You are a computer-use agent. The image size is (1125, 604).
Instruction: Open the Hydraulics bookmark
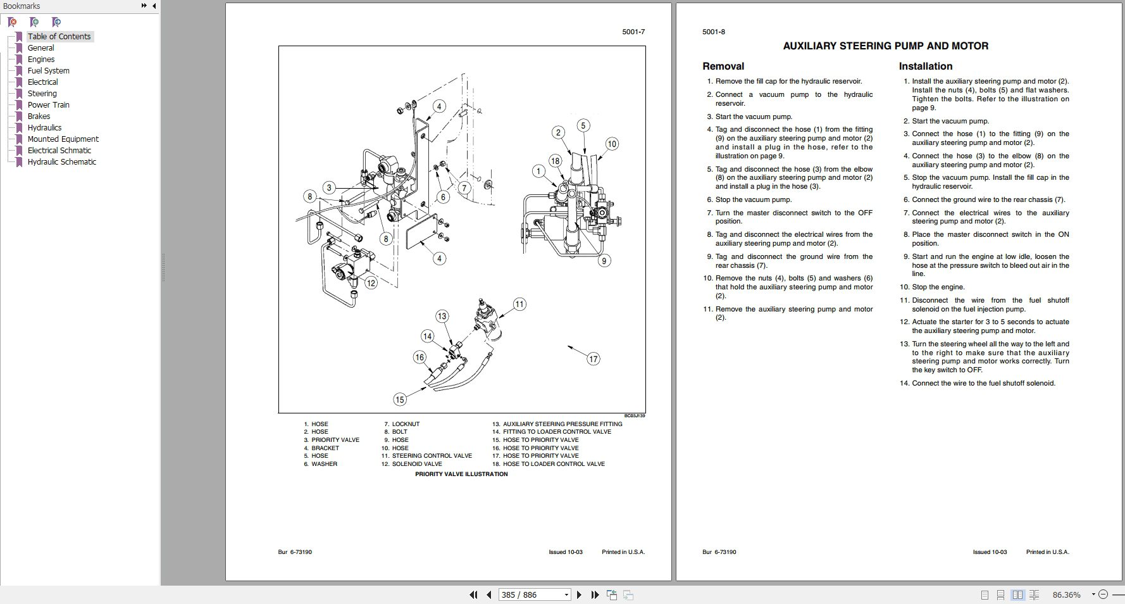tap(44, 127)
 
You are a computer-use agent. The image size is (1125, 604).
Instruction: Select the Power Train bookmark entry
tap(48, 104)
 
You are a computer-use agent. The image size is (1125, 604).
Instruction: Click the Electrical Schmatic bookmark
tap(59, 150)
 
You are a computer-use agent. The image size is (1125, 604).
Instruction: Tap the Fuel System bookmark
tap(48, 70)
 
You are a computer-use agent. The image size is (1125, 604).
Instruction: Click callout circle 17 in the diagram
tap(593, 359)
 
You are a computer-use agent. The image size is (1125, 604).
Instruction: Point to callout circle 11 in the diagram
tap(519, 304)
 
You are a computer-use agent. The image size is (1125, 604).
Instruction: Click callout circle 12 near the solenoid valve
tap(371, 283)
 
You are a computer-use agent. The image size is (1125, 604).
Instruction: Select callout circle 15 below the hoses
tap(399, 399)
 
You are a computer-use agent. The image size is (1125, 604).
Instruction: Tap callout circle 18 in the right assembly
tap(555, 161)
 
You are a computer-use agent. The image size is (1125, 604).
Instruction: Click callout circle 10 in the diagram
tap(611, 144)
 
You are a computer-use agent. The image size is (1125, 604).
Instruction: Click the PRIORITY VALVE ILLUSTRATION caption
tap(461, 474)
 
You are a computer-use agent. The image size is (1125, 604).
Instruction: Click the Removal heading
tap(723, 66)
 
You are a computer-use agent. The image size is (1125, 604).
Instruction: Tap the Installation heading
tap(925, 66)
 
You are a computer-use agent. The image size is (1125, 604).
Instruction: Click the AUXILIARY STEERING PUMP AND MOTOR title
tap(885, 46)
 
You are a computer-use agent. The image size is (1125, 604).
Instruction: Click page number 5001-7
tap(633, 32)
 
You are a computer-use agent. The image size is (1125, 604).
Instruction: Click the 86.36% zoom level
tap(1066, 595)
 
